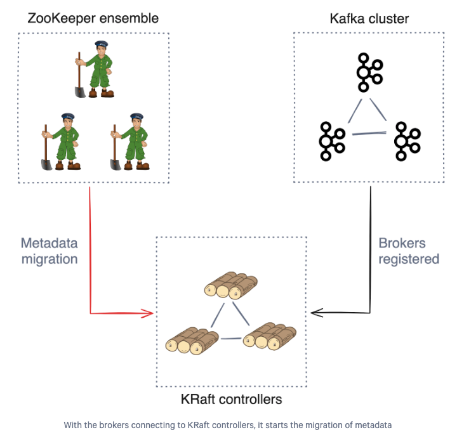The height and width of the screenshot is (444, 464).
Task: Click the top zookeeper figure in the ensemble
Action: point(95,69)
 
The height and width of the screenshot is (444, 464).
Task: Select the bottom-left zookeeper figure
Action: point(61,141)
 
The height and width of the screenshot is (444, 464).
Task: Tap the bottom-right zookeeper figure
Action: point(130,141)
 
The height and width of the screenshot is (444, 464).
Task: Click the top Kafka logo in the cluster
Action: point(369,72)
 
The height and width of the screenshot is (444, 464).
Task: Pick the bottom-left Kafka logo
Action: point(332,141)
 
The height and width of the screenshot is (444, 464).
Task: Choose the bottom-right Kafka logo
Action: point(407,141)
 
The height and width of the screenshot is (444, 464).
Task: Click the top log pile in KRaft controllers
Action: point(231,285)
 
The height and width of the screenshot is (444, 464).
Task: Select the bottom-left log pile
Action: point(192,340)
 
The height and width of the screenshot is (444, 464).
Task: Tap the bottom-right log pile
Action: point(270,336)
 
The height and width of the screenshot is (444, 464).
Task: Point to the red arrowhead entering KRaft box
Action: point(148,313)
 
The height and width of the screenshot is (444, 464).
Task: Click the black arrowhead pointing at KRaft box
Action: point(317,313)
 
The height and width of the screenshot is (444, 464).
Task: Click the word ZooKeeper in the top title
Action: point(62,18)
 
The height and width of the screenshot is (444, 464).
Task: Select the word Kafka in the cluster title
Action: point(347,18)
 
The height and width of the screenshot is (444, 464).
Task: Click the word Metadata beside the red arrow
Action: point(49,244)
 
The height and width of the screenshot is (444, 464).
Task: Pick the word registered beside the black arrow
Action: point(409,259)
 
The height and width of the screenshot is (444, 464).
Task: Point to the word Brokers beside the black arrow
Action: point(402,244)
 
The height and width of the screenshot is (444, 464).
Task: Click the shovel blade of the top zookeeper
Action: point(80,92)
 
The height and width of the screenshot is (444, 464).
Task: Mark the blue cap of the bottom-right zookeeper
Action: point(136,116)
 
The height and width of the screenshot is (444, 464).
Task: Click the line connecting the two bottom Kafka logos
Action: point(369,134)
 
